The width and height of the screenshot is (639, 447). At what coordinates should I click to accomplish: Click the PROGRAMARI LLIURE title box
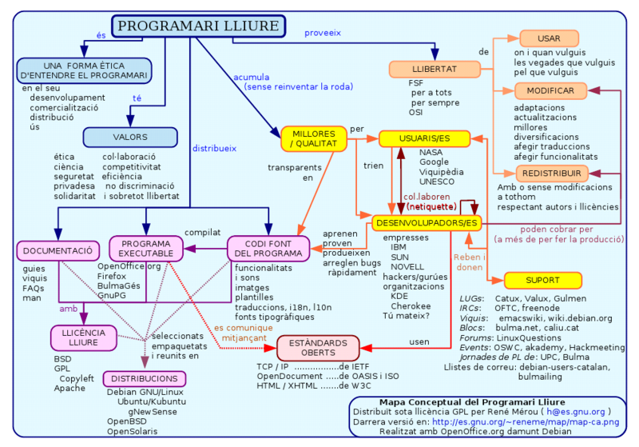[197, 26]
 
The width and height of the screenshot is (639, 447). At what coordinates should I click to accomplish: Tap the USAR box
[550, 38]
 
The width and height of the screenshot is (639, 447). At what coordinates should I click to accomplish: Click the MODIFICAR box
[550, 90]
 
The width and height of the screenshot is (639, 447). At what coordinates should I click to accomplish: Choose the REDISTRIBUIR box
[550, 174]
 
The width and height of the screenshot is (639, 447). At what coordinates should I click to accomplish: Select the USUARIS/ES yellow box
[424, 138]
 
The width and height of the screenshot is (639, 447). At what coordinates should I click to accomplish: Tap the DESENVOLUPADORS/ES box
[427, 222]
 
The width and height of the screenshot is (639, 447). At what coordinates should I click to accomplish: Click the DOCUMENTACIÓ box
[57, 251]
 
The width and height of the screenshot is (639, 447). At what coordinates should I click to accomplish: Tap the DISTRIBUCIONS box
[145, 378]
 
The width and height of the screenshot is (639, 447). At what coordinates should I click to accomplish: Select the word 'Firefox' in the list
[112, 275]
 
